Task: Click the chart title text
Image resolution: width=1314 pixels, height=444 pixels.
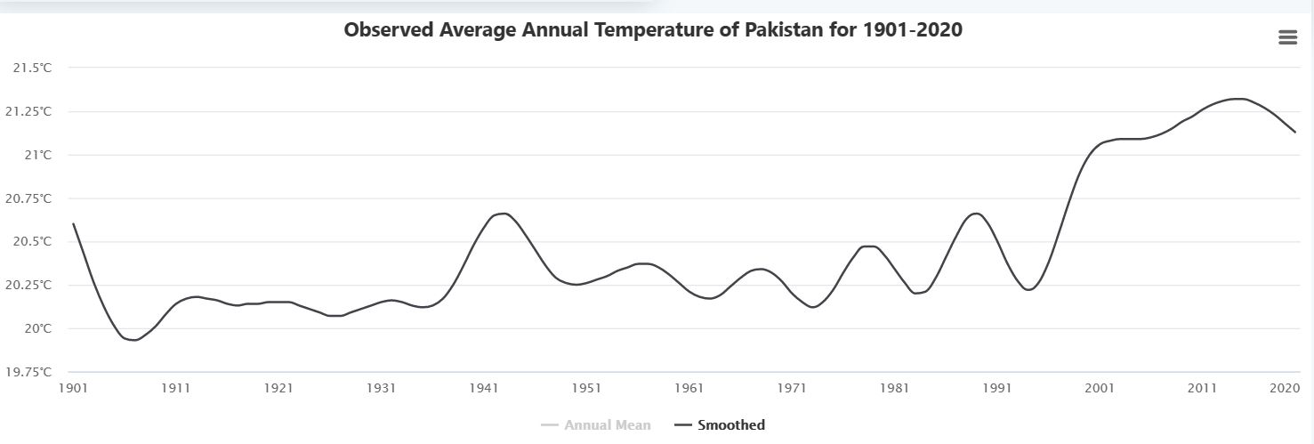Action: click(653, 30)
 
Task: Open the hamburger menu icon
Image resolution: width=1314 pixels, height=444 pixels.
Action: click(1287, 37)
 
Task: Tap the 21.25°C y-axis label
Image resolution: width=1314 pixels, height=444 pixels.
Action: click(28, 112)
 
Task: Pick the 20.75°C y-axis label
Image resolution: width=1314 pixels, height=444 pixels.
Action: click(28, 198)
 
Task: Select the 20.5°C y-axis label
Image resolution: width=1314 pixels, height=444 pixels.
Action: click(32, 242)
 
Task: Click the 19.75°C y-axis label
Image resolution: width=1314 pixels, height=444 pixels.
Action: click(28, 372)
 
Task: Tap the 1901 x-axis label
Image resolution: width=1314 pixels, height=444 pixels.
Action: click(73, 389)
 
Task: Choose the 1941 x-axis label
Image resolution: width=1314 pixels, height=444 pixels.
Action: click(484, 389)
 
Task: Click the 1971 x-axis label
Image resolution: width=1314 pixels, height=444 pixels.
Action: click(792, 389)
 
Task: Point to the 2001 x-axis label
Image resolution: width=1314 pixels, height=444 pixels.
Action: click(1100, 389)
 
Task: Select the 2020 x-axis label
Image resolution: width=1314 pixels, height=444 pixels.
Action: click(1285, 389)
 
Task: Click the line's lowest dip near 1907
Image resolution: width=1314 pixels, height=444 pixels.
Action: click(134, 340)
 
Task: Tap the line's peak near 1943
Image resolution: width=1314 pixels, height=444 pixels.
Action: click(504, 214)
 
